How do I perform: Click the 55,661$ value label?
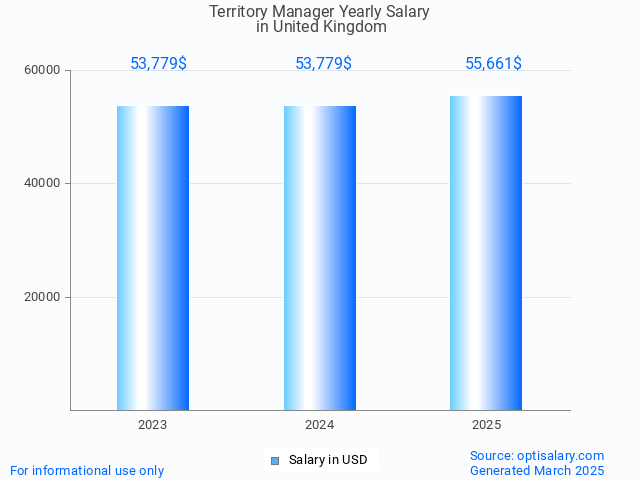tap(493, 64)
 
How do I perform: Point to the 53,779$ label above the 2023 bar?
tap(158, 64)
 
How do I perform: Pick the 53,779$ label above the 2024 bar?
tap(323, 64)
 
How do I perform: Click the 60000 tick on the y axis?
tap(43, 71)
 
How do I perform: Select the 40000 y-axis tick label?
tap(43, 184)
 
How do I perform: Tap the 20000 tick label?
tap(43, 297)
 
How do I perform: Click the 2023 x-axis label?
tap(153, 425)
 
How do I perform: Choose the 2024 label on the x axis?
tap(320, 425)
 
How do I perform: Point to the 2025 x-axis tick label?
tap(486, 425)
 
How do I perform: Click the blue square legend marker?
tap(275, 461)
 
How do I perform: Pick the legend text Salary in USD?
tap(328, 460)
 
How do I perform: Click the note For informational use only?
tap(87, 471)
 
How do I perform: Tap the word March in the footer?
tap(560, 471)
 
